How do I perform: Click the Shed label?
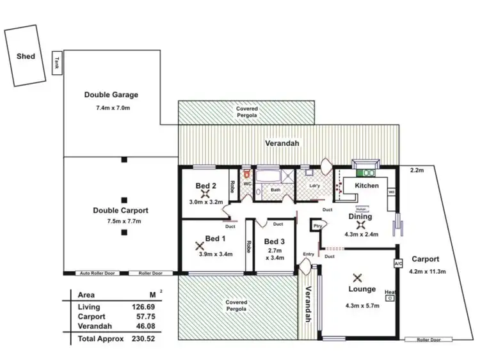click(x=26, y=56)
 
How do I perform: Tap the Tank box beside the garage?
click(x=58, y=63)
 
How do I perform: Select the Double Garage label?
click(x=111, y=95)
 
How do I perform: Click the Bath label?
click(x=275, y=190)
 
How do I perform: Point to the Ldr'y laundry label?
click(x=314, y=186)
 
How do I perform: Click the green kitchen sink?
click(x=369, y=172)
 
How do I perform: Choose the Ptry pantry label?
click(x=317, y=226)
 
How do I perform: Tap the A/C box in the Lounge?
click(x=397, y=263)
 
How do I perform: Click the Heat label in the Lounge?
click(x=389, y=294)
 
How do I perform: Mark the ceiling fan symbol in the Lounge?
click(x=357, y=278)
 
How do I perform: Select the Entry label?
click(x=309, y=254)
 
